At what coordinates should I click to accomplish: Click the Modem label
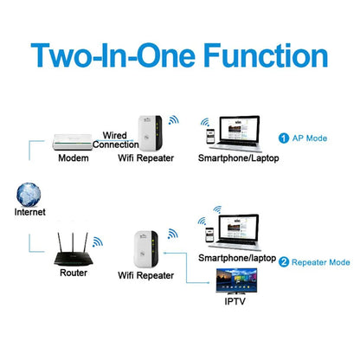[x=74, y=159]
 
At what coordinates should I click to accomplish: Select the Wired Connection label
[x=128, y=141]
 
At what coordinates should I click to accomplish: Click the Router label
[x=74, y=273]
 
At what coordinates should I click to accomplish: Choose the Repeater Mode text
[x=320, y=261]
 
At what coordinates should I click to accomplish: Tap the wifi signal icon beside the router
[x=97, y=244]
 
